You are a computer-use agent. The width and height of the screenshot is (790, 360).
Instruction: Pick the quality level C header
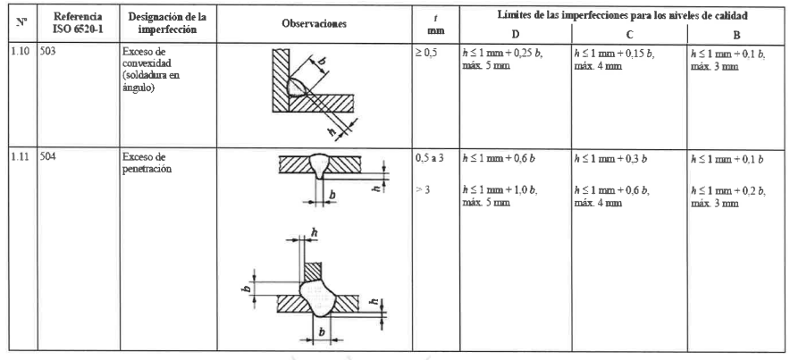coord(630,33)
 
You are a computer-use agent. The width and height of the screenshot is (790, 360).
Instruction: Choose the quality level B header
coord(735,33)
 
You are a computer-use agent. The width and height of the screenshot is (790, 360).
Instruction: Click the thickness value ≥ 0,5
coord(427,51)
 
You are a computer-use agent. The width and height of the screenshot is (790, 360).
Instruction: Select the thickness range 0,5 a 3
coord(430,155)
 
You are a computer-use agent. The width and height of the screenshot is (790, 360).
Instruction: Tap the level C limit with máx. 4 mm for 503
coord(622,56)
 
